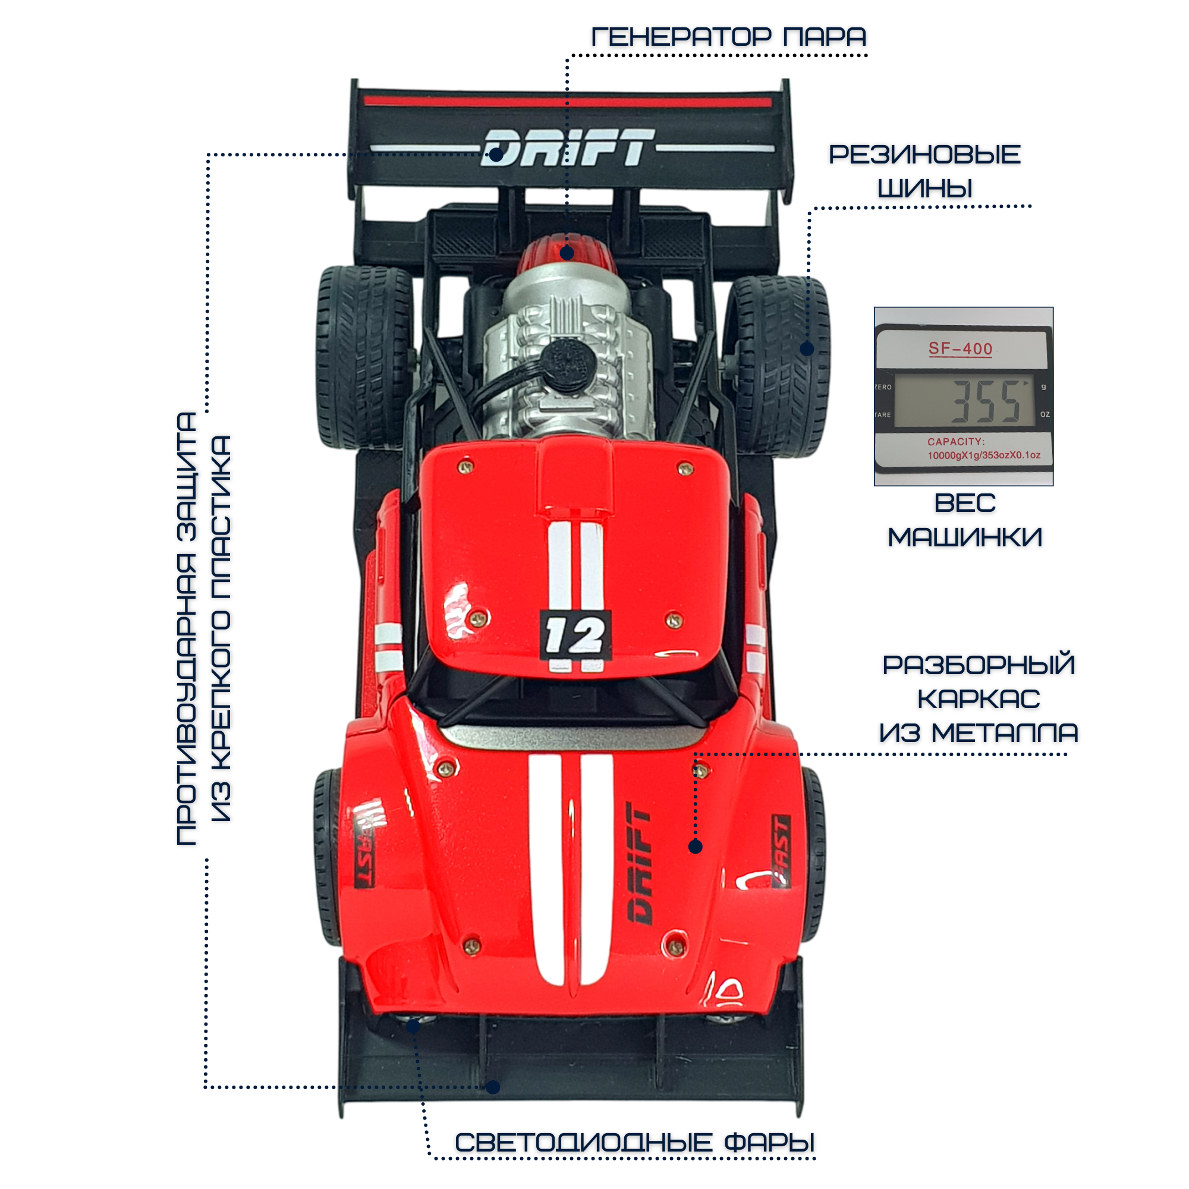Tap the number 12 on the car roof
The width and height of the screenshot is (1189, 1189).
pyautogui.click(x=575, y=634)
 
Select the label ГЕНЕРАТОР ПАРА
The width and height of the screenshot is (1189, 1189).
pyautogui.click(x=728, y=37)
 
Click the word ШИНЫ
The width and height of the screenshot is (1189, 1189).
pyautogui.click(x=924, y=188)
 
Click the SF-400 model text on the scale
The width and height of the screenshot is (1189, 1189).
pyautogui.click(x=960, y=349)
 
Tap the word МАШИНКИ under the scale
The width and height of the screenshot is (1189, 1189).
pyautogui.click(x=964, y=537)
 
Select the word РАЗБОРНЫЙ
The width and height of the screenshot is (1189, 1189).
pyautogui.click(x=979, y=665)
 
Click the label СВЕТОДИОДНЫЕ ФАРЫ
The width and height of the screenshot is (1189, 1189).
pyautogui.click(x=634, y=1143)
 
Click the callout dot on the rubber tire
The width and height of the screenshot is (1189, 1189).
pyautogui.click(x=807, y=349)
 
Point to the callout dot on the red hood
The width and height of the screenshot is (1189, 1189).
pyautogui.click(x=696, y=847)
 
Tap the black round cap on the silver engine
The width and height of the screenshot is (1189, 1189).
pyautogui.click(x=567, y=364)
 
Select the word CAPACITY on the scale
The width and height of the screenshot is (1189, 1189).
pyautogui.click(x=956, y=442)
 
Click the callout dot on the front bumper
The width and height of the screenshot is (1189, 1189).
pyautogui.click(x=493, y=1087)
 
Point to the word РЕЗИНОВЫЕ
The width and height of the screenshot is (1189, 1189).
pyautogui.click(x=924, y=155)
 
